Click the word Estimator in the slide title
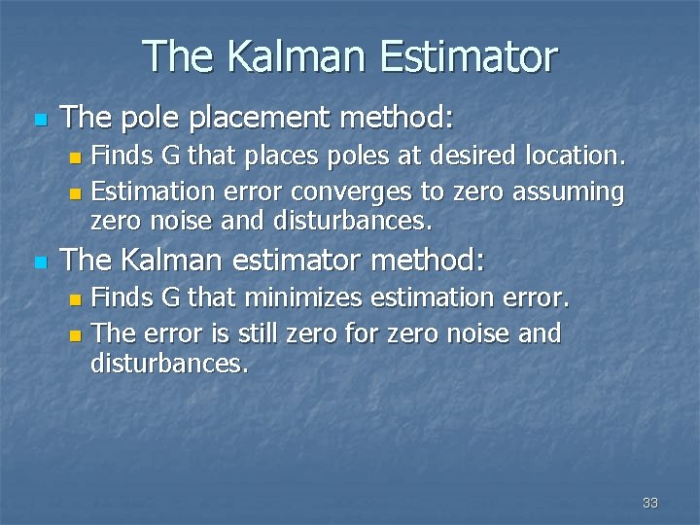[x=469, y=56]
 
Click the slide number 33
[x=650, y=503]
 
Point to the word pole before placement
[x=151, y=119]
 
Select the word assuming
[x=569, y=192]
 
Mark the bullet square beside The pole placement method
[x=39, y=121]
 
